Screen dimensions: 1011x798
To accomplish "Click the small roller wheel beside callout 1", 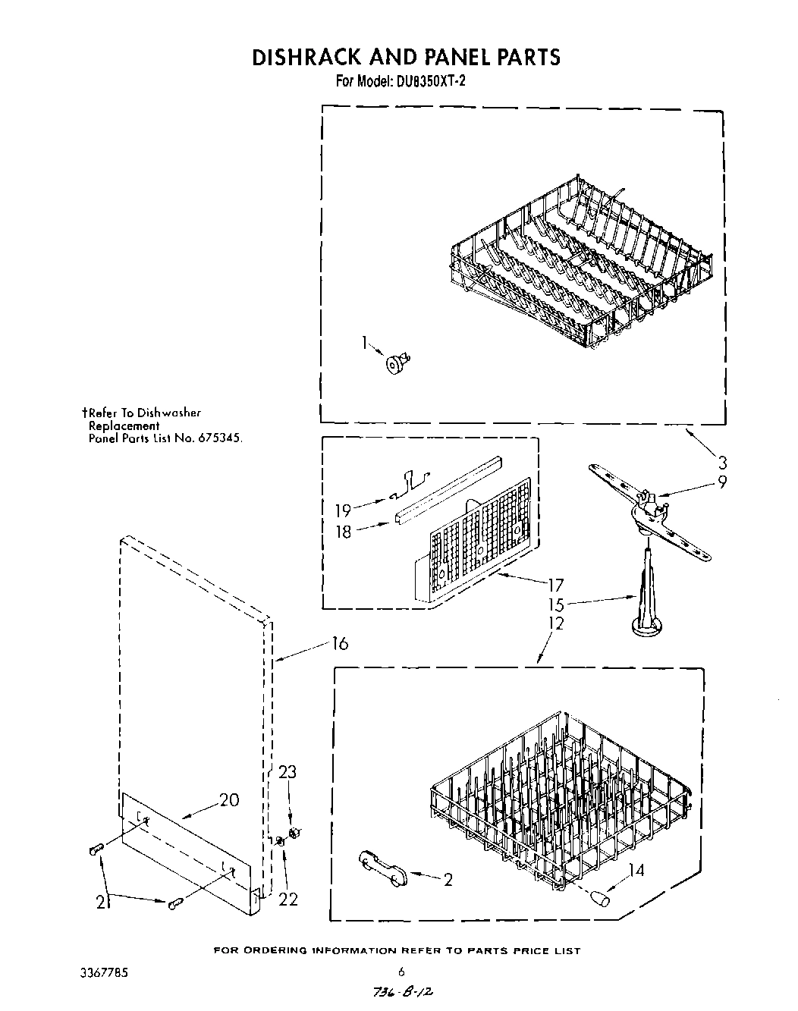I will pos(395,364).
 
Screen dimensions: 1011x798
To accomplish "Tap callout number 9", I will pos(722,481).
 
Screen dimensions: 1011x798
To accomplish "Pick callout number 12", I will pos(556,623).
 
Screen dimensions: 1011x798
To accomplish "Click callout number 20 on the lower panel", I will pos(229,799).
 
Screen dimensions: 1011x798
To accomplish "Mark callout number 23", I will pos(287,772).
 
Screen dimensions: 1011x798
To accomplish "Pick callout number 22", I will pos(287,899).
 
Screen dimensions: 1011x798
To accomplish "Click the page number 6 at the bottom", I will pos(401,971).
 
